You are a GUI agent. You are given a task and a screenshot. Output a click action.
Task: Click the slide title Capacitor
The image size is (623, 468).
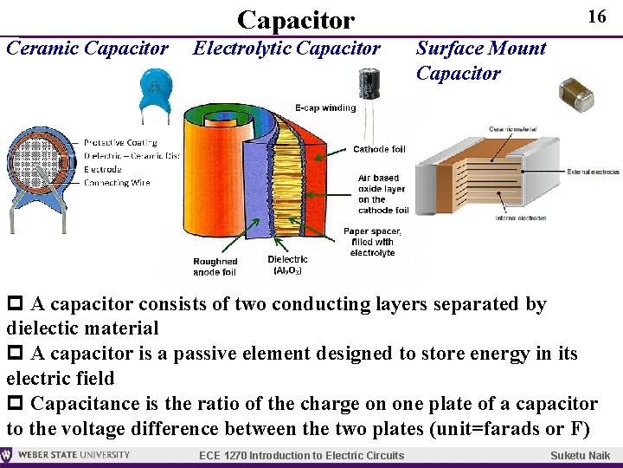295,19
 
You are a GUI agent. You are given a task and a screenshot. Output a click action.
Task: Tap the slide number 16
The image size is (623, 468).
596,16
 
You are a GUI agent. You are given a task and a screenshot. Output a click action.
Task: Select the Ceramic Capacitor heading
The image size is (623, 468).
87,49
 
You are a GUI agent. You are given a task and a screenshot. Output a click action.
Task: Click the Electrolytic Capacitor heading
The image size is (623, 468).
286,49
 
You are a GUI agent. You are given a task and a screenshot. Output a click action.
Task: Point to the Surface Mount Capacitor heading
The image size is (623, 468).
480,61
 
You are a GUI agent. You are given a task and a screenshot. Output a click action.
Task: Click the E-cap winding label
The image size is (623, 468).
325,108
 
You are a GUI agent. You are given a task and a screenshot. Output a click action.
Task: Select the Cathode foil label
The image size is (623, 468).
379,149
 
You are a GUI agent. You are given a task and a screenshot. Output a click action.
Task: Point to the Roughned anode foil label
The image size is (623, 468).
215,267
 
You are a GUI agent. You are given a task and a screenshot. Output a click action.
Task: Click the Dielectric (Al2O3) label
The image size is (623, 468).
287,265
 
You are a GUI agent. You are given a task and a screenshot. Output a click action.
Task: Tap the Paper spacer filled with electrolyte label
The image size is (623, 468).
372,242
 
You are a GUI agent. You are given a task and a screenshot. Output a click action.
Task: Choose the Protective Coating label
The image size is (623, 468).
120,142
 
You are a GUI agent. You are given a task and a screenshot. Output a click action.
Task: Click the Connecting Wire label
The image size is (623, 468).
117,183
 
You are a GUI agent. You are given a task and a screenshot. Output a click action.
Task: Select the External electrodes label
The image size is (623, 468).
594,172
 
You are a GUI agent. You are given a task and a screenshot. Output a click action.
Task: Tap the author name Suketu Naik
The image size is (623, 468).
580,456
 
